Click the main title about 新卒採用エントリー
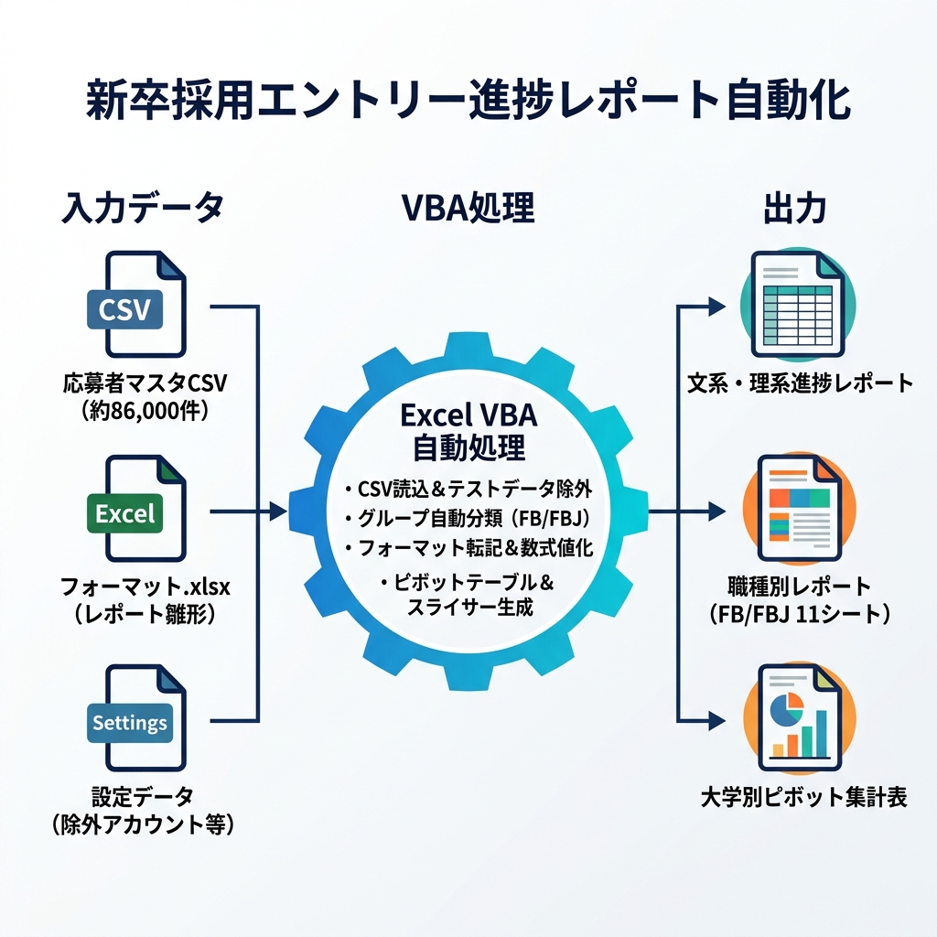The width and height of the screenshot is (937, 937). (468, 100)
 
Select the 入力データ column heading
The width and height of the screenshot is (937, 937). (144, 208)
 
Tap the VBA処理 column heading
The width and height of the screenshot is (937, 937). (468, 208)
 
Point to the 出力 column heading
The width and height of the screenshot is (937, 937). (795, 209)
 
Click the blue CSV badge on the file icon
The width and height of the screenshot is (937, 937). (124, 309)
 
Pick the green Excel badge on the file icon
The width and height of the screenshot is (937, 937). (124, 513)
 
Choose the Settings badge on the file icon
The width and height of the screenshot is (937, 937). (130, 723)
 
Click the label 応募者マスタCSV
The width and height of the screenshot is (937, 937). (145, 383)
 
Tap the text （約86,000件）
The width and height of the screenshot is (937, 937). (145, 411)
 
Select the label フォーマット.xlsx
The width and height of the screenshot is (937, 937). (145, 587)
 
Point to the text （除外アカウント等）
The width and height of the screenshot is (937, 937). (143, 824)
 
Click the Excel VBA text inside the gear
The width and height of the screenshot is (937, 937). (468, 415)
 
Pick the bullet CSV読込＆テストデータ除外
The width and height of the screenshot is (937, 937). (468, 489)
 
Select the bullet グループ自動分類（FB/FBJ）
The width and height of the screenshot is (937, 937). (468, 518)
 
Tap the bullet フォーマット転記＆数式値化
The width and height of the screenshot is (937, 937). (468, 547)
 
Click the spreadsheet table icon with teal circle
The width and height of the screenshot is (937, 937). (798, 306)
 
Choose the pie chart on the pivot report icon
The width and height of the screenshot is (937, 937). (786, 707)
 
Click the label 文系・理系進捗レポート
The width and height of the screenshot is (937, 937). (800, 383)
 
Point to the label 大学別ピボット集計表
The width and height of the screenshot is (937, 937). (803, 797)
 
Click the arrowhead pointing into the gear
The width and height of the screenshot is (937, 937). (277, 512)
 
